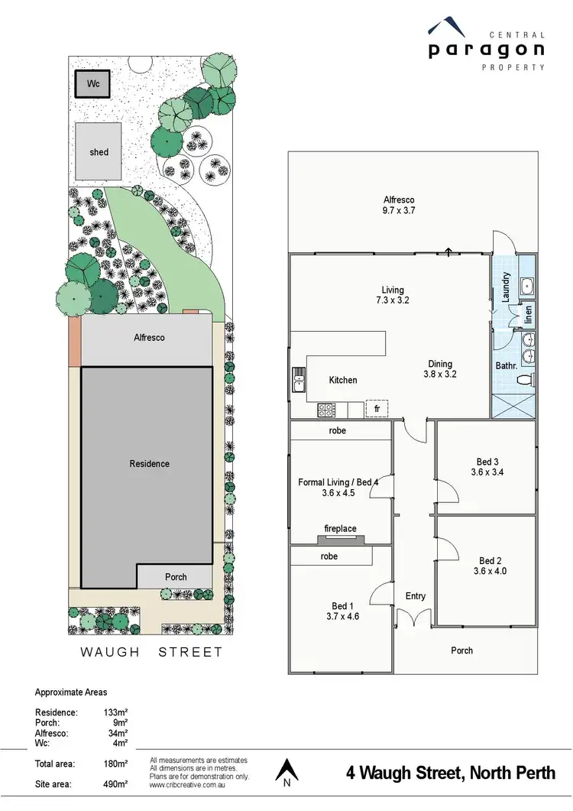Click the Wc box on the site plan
click(x=93, y=83)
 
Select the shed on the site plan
click(x=99, y=152)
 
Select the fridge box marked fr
click(x=377, y=409)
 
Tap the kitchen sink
click(x=299, y=378)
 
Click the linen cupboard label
click(x=528, y=314)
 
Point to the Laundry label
click(x=505, y=288)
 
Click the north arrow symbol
click(x=286, y=772)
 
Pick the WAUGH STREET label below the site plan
click(x=152, y=652)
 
